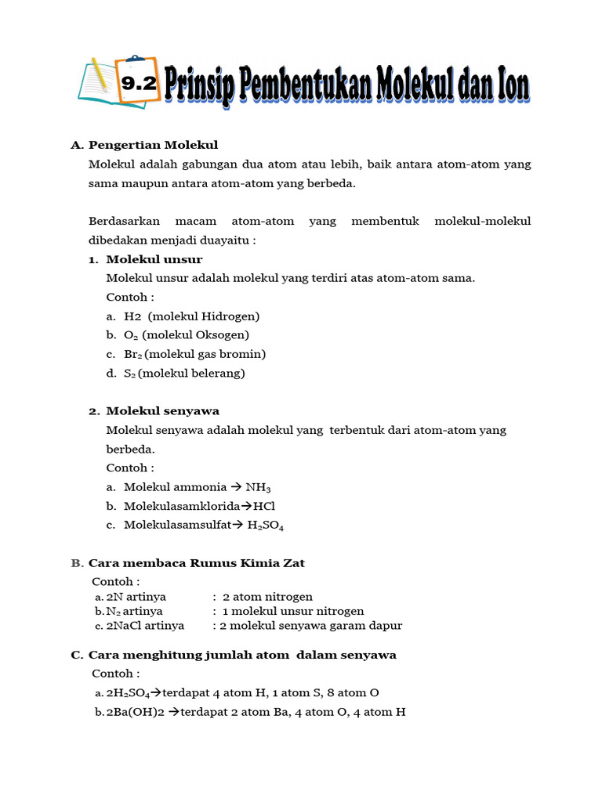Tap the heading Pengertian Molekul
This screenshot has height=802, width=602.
coord(153,145)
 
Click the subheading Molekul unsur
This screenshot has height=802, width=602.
coord(154,259)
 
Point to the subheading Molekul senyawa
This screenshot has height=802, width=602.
coord(163,411)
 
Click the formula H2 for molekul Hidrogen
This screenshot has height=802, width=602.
coord(132,316)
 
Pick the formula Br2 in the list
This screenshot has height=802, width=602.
coord(132,354)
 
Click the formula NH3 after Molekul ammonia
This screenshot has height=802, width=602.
coord(258,488)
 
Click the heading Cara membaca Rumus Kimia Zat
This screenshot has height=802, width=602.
coord(197,563)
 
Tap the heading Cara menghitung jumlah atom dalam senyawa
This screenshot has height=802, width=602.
coord(242,655)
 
